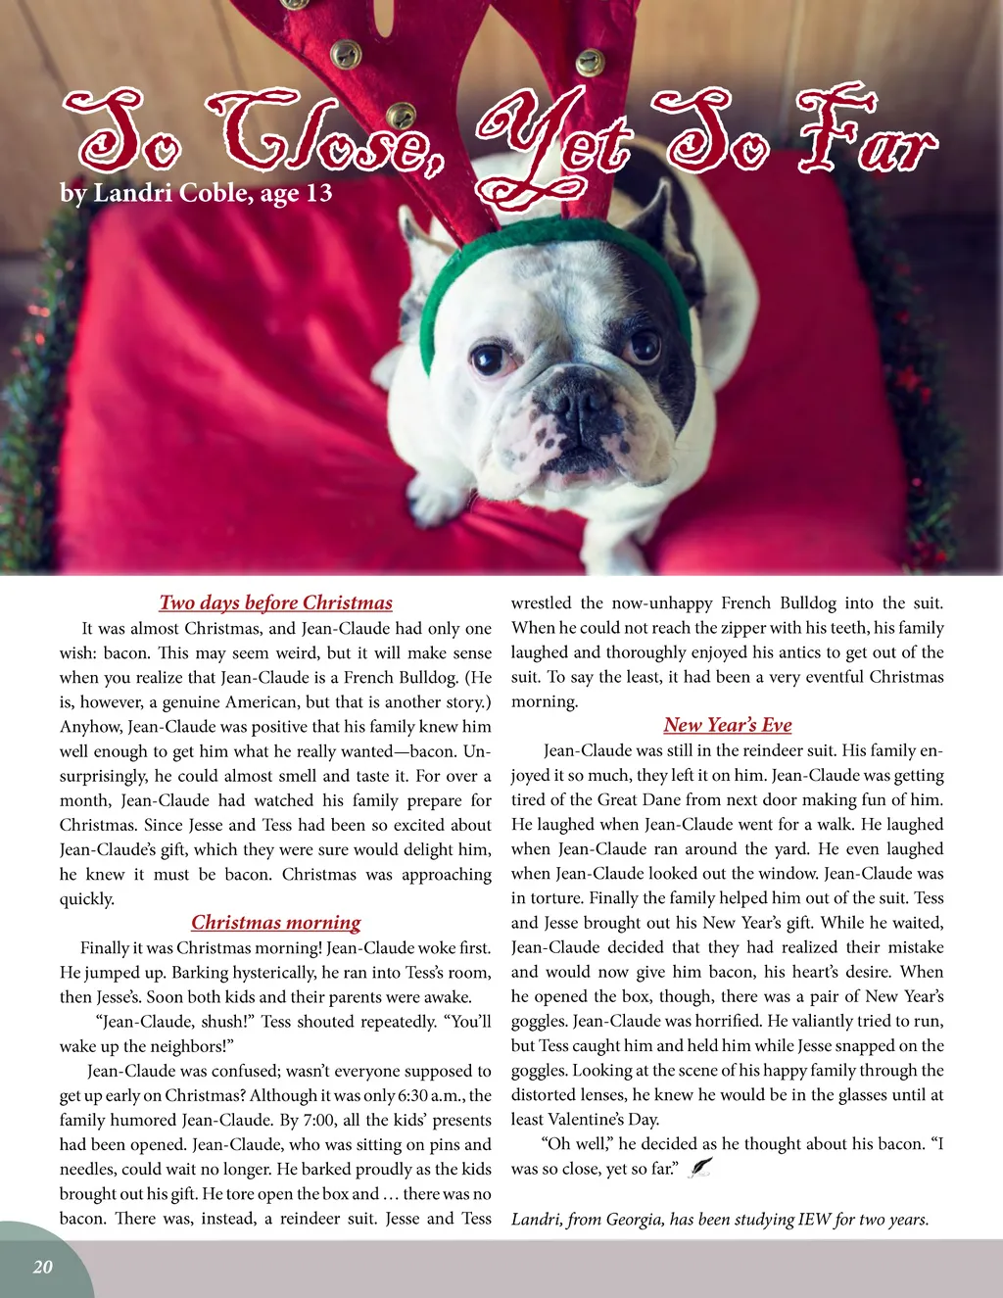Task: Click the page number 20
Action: (42, 1267)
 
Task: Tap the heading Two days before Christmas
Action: (275, 602)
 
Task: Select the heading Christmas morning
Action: (275, 922)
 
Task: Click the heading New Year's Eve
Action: (727, 725)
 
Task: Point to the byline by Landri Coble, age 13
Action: (196, 192)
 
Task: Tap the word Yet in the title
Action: (553, 147)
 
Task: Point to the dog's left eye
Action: (645, 345)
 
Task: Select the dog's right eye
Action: (487, 360)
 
